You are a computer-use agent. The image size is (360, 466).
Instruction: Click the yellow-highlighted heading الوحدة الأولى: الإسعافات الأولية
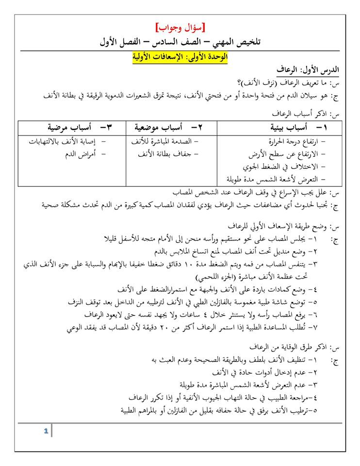[180, 57]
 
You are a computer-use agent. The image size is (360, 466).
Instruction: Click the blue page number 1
[45, 431]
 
